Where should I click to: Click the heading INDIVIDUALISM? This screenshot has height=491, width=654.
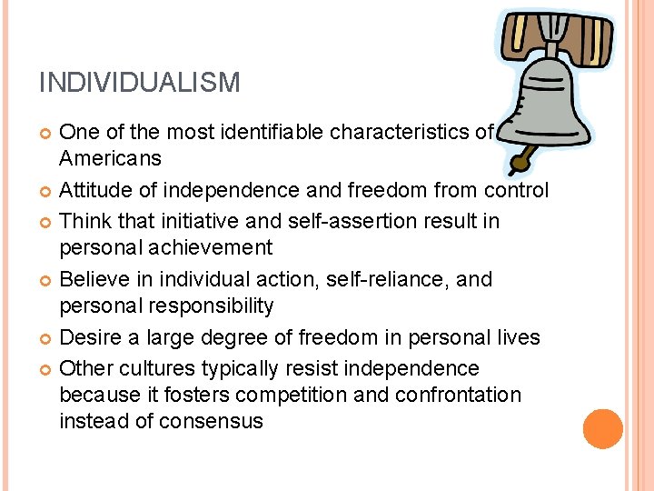coord(139,84)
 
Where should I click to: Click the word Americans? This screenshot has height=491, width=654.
coord(110,159)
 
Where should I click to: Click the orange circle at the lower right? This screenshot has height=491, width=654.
coord(603,428)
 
